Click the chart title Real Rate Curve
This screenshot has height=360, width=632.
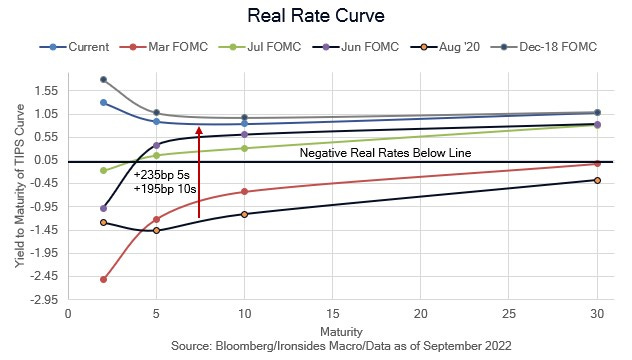[x=315, y=17]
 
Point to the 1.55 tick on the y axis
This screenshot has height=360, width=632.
[x=44, y=90]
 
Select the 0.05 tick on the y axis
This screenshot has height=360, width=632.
[x=44, y=160]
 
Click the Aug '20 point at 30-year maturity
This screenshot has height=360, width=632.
[x=597, y=180]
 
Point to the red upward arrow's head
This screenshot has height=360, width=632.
[x=199, y=129]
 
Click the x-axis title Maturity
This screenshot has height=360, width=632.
[x=333, y=329]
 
